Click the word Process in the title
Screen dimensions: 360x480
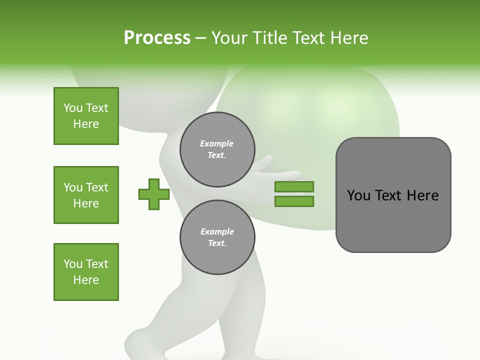click(x=157, y=38)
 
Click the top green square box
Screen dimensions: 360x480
click(x=86, y=116)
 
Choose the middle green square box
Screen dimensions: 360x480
click(x=86, y=195)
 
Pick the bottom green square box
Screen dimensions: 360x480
click(x=86, y=272)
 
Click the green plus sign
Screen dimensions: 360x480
click(x=154, y=194)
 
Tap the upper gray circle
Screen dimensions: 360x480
click(x=217, y=149)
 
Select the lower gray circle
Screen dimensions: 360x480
click(x=217, y=237)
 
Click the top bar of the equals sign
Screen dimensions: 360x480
click(x=294, y=186)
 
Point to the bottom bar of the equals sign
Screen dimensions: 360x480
click(x=294, y=201)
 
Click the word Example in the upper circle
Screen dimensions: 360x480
click(x=217, y=143)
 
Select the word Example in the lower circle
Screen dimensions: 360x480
click(x=217, y=231)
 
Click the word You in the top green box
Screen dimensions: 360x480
click(x=73, y=108)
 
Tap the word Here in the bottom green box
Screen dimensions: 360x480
click(x=86, y=280)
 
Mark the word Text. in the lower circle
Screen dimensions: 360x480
click(x=217, y=243)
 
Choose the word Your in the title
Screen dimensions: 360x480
click(x=228, y=38)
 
